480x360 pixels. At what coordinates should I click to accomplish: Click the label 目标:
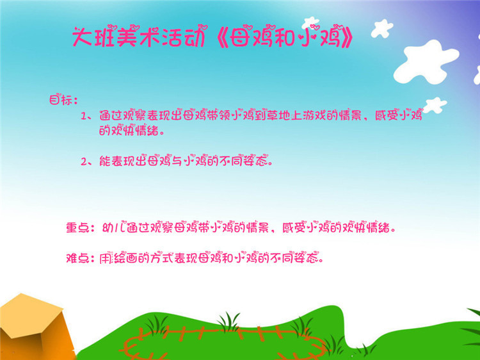pyautogui.click(x=63, y=99)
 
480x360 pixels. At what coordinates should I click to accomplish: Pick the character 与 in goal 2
pyautogui.click(x=177, y=161)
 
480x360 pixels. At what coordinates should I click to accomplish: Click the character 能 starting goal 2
pyautogui.click(x=105, y=161)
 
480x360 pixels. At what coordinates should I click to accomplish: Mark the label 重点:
pyautogui.click(x=80, y=227)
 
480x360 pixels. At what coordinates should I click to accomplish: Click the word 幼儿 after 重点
pyautogui.click(x=113, y=227)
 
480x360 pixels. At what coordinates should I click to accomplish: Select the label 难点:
pyautogui.click(x=80, y=258)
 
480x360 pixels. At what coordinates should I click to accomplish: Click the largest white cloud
pyautogui.click(x=426, y=63)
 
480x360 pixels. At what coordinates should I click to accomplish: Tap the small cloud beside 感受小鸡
pyautogui.click(x=435, y=105)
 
